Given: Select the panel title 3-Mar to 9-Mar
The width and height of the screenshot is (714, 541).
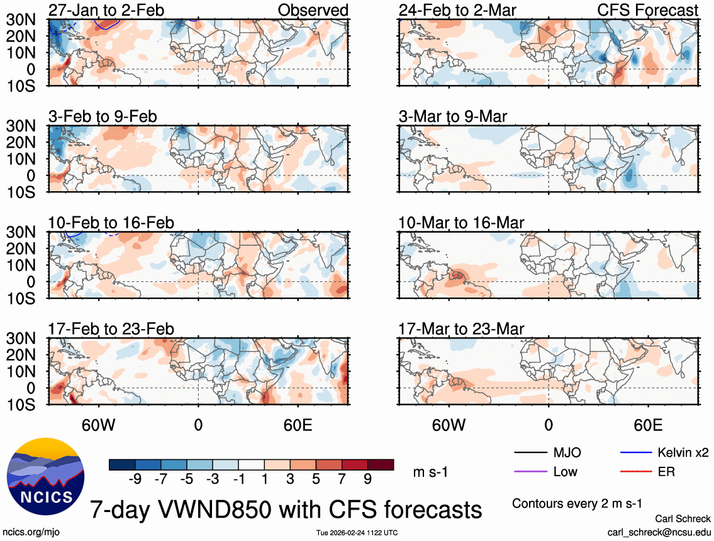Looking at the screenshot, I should tap(453, 116).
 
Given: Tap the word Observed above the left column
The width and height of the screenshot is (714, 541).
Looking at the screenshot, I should tap(312, 10).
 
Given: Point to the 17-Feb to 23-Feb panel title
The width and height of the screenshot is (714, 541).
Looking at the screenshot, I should tap(111, 329).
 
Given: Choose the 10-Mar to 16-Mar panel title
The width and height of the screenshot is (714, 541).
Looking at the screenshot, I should tap(461, 223).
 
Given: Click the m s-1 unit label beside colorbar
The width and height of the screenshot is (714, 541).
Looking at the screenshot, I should tap(430, 472).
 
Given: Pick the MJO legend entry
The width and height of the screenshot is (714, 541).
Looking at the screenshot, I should tap(567, 452).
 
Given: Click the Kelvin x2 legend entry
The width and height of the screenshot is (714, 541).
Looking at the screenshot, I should tap(683, 452).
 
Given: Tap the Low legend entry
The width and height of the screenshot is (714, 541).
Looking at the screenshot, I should tap(565, 471).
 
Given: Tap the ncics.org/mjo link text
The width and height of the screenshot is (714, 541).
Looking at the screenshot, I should tap(31, 532).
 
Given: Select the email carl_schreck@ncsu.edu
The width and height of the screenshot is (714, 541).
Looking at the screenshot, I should tap(659, 532).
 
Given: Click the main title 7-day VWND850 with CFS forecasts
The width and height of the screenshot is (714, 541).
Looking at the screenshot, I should tap(287, 508).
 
